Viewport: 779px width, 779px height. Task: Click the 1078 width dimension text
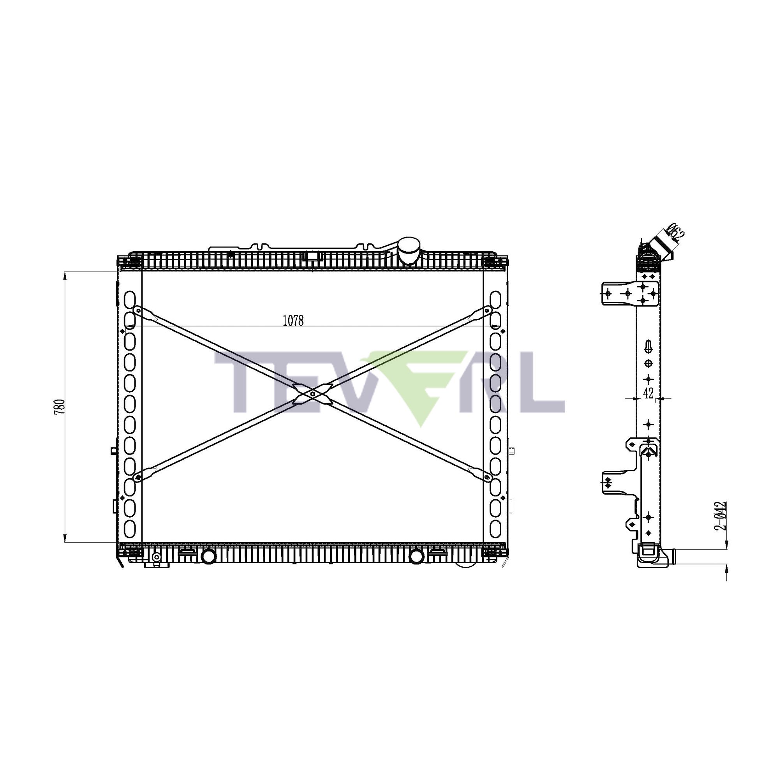(293, 321)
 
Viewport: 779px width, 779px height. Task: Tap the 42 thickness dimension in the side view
(649, 393)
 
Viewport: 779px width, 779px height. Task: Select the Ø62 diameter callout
(675, 233)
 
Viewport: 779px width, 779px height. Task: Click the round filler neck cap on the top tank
(409, 250)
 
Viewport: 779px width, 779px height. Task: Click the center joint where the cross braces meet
(313, 394)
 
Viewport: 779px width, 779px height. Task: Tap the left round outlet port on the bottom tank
(208, 557)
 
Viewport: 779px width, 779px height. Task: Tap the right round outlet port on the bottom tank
(416, 557)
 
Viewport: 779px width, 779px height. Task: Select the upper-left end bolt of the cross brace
(138, 310)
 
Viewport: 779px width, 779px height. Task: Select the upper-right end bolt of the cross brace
(488, 310)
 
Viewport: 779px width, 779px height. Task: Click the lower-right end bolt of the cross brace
(488, 478)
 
